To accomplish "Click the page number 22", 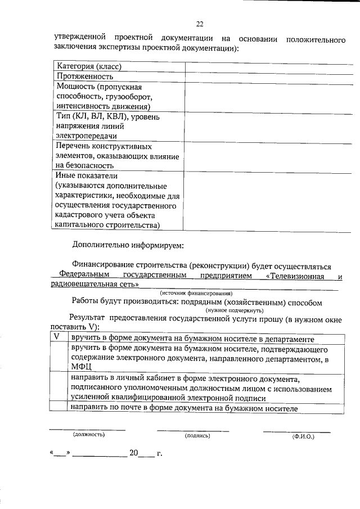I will [x=199, y=24].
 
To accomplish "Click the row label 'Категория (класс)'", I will [x=89, y=66].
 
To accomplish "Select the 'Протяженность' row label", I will [x=85, y=76].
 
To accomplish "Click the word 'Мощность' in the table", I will [x=75, y=87].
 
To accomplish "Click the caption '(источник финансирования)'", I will [x=196, y=293].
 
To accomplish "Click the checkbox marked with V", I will [x=56, y=337].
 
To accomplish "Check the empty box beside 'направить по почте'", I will [x=56, y=408].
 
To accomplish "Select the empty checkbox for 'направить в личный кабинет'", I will [x=56, y=388].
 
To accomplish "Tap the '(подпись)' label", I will [x=197, y=436].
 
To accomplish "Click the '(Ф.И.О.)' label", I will [x=303, y=436].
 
